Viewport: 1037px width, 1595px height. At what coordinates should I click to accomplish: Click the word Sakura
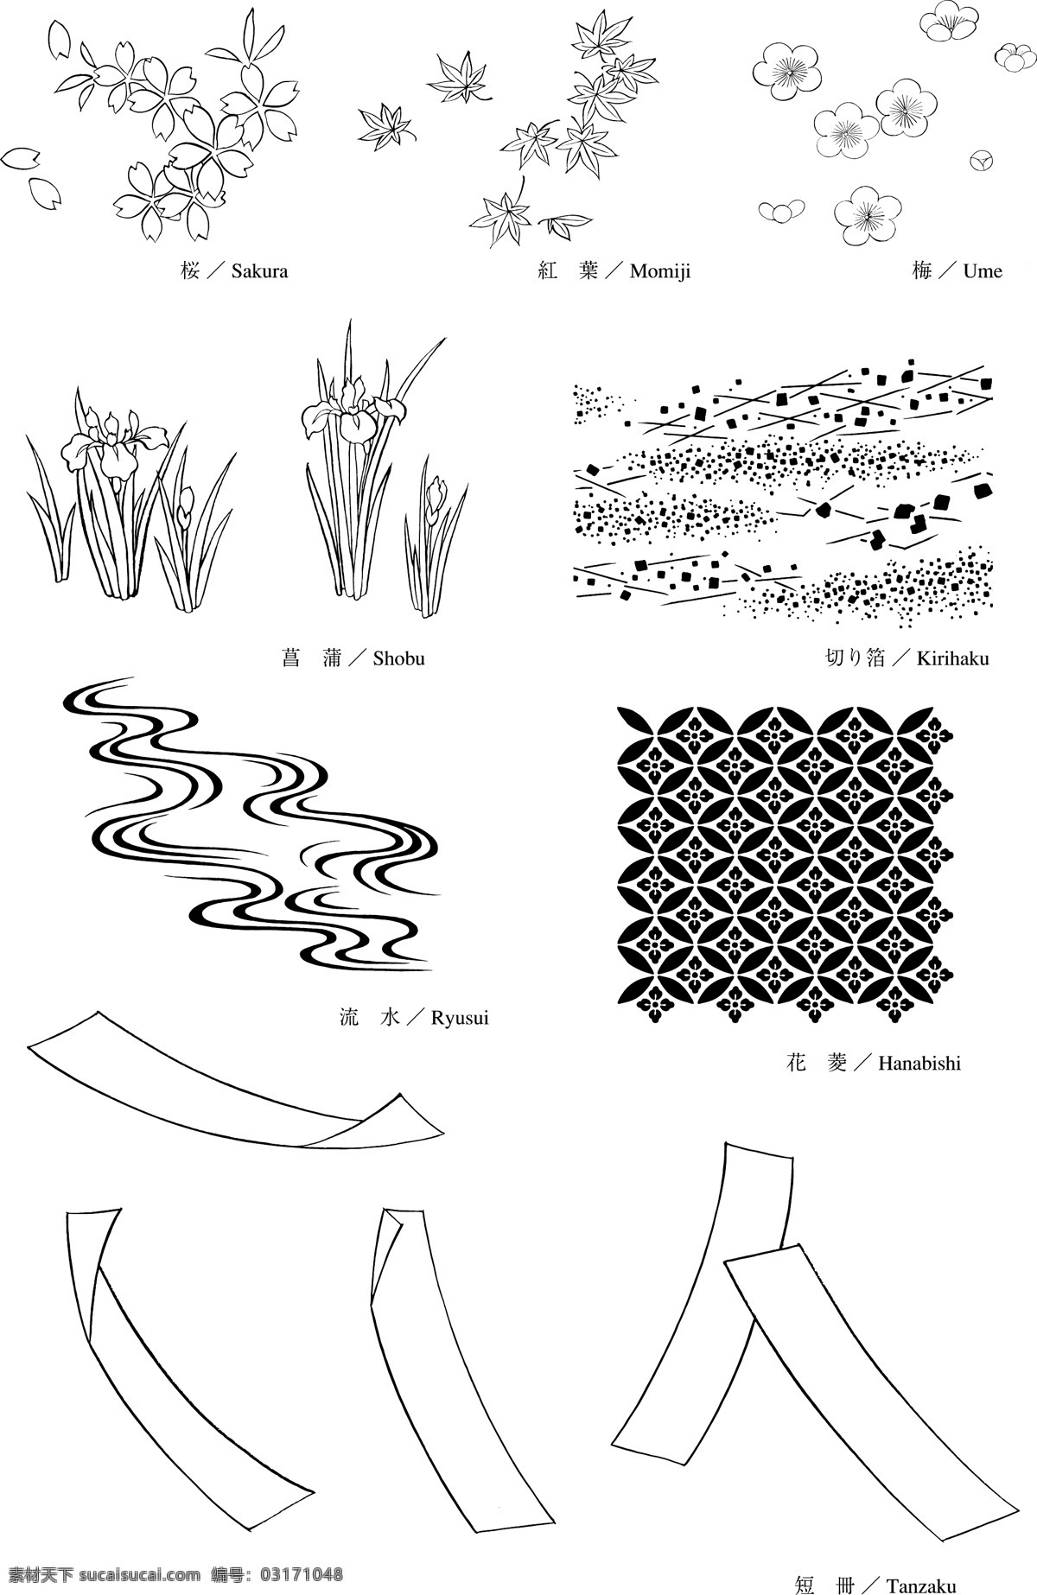pyautogui.click(x=259, y=271)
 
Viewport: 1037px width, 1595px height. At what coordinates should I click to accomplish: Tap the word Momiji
pyautogui.click(x=660, y=272)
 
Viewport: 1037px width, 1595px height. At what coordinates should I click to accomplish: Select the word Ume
pyautogui.click(x=983, y=271)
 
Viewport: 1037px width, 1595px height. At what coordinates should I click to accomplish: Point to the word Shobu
pyautogui.click(x=399, y=658)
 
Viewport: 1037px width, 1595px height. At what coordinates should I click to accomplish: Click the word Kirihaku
pyautogui.click(x=952, y=658)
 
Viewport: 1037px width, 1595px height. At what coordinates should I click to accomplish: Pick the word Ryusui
pyautogui.click(x=460, y=1018)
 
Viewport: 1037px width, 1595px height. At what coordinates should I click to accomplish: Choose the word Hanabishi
pyautogui.click(x=919, y=1063)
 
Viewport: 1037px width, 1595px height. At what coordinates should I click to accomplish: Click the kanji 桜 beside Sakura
pyautogui.click(x=191, y=271)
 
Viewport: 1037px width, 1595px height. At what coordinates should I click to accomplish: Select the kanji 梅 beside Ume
pyautogui.click(x=922, y=271)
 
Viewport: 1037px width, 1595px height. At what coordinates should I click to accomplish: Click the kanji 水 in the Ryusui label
pyautogui.click(x=391, y=1018)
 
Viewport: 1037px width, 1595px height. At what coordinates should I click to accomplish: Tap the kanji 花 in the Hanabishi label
pyautogui.click(x=797, y=1063)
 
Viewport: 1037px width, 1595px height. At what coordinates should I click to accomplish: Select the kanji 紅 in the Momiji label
pyautogui.click(x=548, y=271)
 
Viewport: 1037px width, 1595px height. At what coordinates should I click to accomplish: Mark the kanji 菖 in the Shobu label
pyautogui.click(x=291, y=658)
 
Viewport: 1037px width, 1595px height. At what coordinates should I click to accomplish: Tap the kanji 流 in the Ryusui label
pyautogui.click(x=349, y=1018)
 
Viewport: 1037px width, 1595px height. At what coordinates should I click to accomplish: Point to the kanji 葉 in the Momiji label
pyautogui.click(x=589, y=271)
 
